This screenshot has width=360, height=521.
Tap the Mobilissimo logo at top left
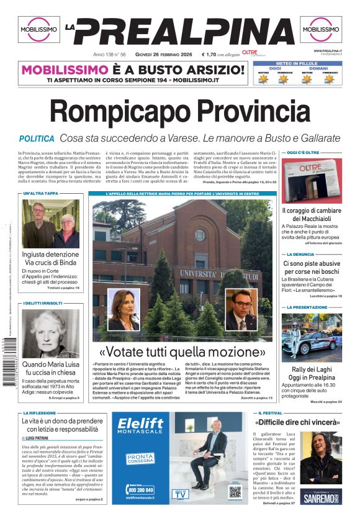[38, 29]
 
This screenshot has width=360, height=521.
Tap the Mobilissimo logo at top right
[321, 29]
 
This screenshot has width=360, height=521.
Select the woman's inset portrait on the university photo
[123, 309]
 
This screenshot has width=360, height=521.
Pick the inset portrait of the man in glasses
[241, 309]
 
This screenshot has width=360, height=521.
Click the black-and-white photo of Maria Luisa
[50, 333]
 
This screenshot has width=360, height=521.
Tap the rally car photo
[312, 338]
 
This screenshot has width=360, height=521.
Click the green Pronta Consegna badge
[140, 460]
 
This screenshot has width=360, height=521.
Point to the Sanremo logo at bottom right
[321, 497]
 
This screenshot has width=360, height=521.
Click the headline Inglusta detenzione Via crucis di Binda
[50, 258]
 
